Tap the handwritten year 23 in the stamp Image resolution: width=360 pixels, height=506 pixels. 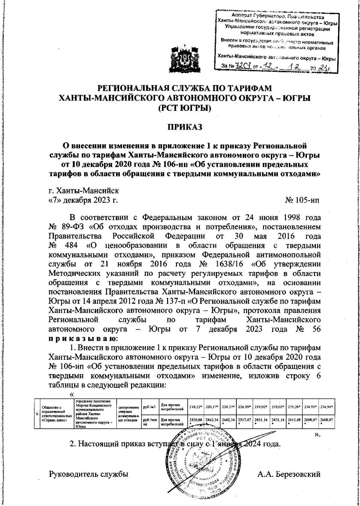point(323,68)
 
